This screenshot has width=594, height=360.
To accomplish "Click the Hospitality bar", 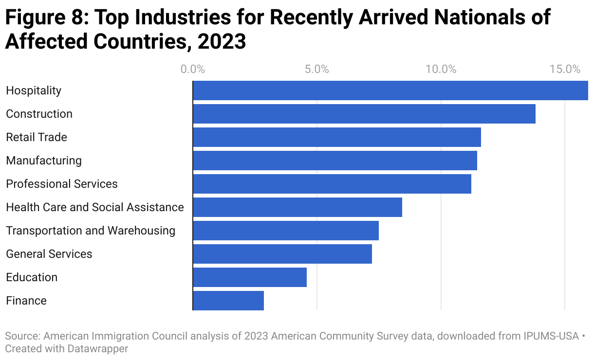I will [390, 90].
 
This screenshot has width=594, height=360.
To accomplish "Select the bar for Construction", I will [364, 114].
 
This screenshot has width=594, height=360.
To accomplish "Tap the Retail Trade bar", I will [336, 137].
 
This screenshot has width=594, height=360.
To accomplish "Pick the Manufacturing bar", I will [334, 161].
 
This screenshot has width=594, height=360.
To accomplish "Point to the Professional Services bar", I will [332, 184].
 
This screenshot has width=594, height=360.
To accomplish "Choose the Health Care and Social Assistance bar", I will [297, 207].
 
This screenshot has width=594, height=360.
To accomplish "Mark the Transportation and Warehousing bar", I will [285, 231].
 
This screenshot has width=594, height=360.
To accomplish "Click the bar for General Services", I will [282, 254].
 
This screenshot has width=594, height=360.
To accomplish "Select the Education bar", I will [249, 277].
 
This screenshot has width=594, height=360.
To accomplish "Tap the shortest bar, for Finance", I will [228, 301].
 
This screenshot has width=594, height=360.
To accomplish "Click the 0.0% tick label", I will [193, 69].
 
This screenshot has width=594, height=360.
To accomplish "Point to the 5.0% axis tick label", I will [317, 69].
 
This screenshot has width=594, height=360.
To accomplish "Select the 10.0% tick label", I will [441, 69].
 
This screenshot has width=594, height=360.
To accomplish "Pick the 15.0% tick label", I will [565, 69].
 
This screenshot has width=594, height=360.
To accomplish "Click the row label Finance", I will [26, 301].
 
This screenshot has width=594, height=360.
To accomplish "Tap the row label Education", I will [32, 277].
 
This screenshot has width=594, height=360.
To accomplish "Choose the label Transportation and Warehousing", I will [91, 231].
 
